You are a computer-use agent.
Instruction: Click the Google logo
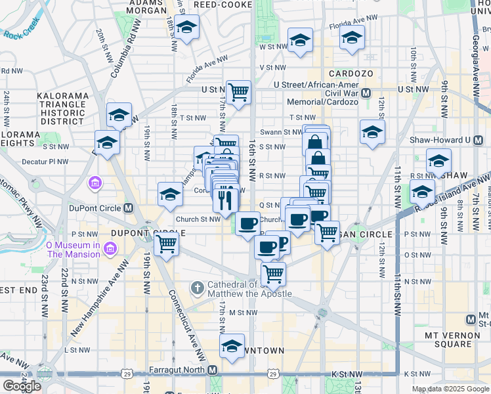[x=22, y=385]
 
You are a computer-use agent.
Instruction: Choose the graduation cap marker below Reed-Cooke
[x=186, y=28]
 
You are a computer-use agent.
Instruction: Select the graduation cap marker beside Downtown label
[x=231, y=347]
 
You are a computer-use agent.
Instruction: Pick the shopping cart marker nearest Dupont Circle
[x=167, y=245]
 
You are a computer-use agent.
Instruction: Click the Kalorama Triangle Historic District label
[x=62, y=108]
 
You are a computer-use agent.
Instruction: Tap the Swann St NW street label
[x=281, y=132]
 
